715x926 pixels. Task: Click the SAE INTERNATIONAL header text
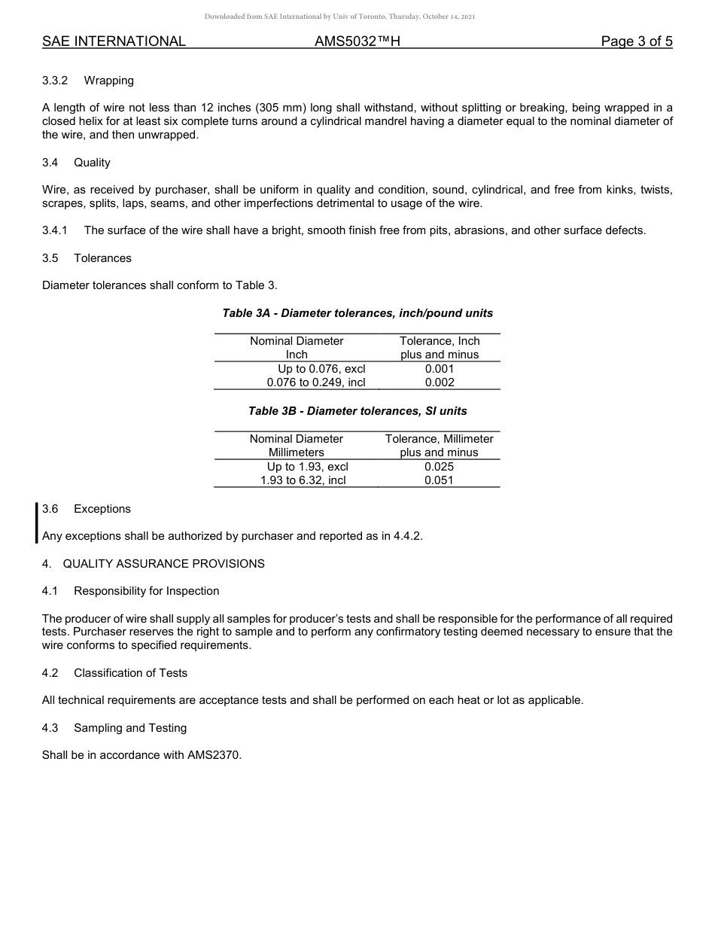tap(114, 41)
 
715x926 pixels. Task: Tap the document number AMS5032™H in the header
tap(357, 41)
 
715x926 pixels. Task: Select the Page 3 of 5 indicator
tap(636, 41)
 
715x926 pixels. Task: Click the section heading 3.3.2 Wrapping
tap(88, 81)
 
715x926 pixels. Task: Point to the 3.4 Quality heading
tap(76, 163)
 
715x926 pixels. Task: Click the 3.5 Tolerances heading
tap(87, 258)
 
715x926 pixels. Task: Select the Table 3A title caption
tap(357, 313)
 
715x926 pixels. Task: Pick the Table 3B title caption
tap(357, 411)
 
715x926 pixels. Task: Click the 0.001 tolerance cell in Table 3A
tap(439, 369)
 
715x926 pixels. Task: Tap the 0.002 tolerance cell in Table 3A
tap(439, 382)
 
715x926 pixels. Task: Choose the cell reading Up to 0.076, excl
tap(321, 369)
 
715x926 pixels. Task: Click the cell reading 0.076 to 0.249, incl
tap(316, 382)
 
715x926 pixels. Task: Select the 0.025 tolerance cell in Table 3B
tap(439, 467)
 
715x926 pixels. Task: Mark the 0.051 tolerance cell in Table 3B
tap(439, 480)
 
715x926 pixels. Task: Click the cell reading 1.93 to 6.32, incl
tap(303, 480)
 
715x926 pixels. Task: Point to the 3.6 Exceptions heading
tap(87, 509)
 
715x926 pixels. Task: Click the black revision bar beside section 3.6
tap(36, 522)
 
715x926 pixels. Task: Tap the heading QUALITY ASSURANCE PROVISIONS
tap(163, 564)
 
